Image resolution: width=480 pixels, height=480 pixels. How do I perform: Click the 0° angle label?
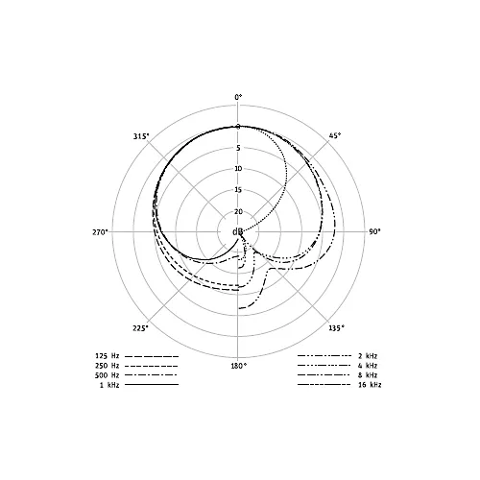(x=238, y=97)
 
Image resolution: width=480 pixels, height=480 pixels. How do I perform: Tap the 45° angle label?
(x=335, y=135)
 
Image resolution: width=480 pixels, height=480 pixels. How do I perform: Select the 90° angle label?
(x=374, y=231)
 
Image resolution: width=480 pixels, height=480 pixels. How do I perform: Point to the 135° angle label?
(x=337, y=327)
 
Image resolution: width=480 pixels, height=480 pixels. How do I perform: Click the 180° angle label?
(x=239, y=366)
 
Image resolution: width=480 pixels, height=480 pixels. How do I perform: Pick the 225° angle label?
(x=141, y=328)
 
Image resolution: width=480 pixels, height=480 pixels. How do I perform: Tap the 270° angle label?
(x=101, y=232)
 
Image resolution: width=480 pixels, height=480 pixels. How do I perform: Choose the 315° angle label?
(x=141, y=136)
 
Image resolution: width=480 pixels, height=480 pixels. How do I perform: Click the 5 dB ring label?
(x=238, y=148)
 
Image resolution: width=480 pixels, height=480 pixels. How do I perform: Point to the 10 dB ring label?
(x=238, y=169)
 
